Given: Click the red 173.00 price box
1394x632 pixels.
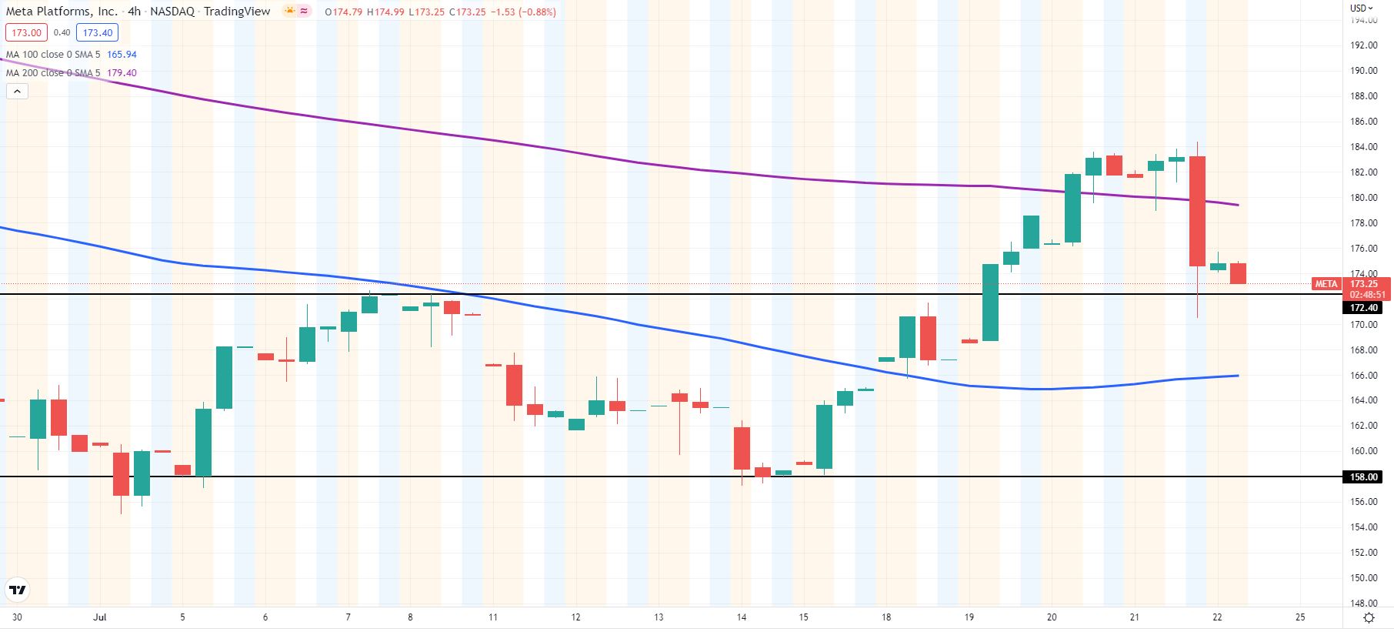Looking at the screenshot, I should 26,32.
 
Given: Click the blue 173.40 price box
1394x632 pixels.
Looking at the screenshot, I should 97,32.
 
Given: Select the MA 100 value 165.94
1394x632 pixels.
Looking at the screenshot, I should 122,55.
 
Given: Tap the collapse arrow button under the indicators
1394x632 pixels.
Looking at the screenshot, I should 17,92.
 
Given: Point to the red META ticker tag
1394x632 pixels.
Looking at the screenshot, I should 1326,284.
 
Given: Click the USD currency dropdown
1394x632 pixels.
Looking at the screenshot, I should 1362,8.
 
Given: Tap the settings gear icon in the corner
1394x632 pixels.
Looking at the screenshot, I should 1369,618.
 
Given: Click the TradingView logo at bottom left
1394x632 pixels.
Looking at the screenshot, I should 17,590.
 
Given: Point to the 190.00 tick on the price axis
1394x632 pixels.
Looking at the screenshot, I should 1364,71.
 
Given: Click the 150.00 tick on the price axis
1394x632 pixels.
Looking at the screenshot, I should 1364,578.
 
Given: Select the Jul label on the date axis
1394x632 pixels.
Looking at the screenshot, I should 99,617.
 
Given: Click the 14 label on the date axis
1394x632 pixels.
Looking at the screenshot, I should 742,617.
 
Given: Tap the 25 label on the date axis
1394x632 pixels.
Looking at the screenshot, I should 1300,617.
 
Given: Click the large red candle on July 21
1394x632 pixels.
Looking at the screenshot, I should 1197,211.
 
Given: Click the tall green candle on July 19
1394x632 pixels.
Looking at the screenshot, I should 990,303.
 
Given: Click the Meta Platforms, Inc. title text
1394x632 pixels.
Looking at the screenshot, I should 62,12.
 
